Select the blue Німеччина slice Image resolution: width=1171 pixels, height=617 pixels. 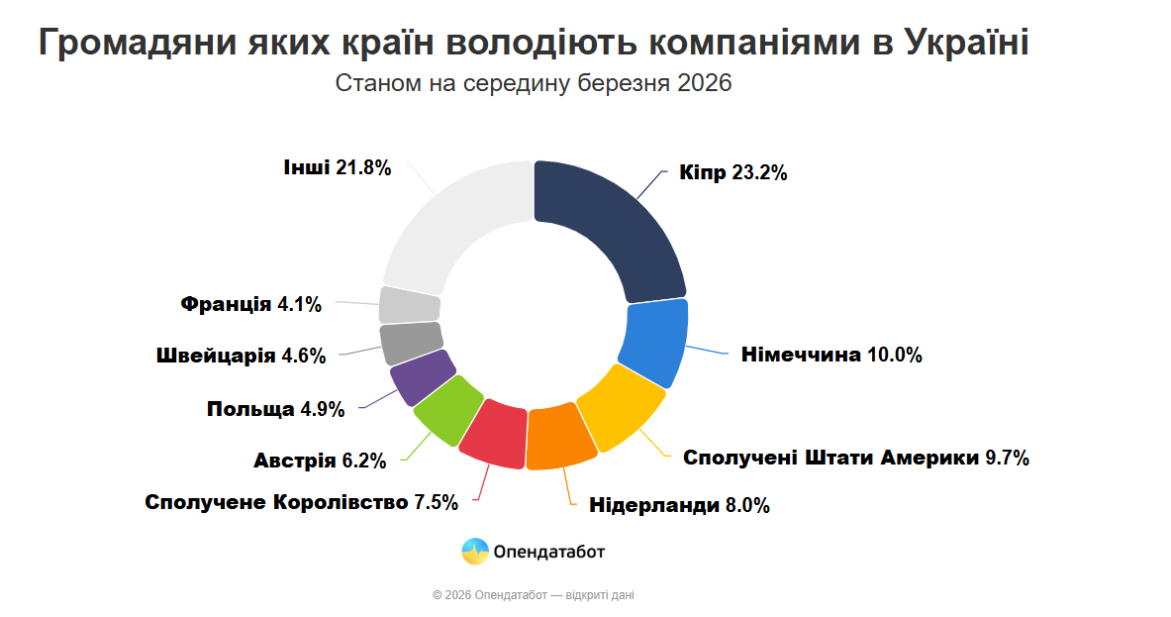pyautogui.click(x=652, y=342)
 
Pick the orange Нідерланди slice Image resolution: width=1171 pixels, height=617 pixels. pyautogui.click(x=561, y=436)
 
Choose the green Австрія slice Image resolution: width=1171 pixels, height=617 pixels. pyautogui.click(x=448, y=410)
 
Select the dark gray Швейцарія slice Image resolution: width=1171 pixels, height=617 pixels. pyautogui.click(x=411, y=342)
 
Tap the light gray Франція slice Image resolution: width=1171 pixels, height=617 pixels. pyautogui.click(x=409, y=305)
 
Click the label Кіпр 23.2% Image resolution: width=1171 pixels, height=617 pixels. pyautogui.click(x=732, y=173)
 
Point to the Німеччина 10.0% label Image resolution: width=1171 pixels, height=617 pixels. pyautogui.click(x=831, y=355)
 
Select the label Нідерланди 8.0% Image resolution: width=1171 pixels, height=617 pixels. pyautogui.click(x=679, y=505)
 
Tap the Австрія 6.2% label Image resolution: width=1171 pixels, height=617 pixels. pyautogui.click(x=319, y=461)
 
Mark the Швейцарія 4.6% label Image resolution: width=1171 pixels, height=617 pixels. pyautogui.click(x=241, y=357)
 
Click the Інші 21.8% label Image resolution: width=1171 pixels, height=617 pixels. pyautogui.click(x=337, y=167)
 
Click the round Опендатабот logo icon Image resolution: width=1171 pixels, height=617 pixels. pyautogui.click(x=475, y=552)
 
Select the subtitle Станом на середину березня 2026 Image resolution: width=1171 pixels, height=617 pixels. pyautogui.click(x=534, y=83)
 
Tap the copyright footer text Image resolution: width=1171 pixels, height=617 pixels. pyautogui.click(x=534, y=595)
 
